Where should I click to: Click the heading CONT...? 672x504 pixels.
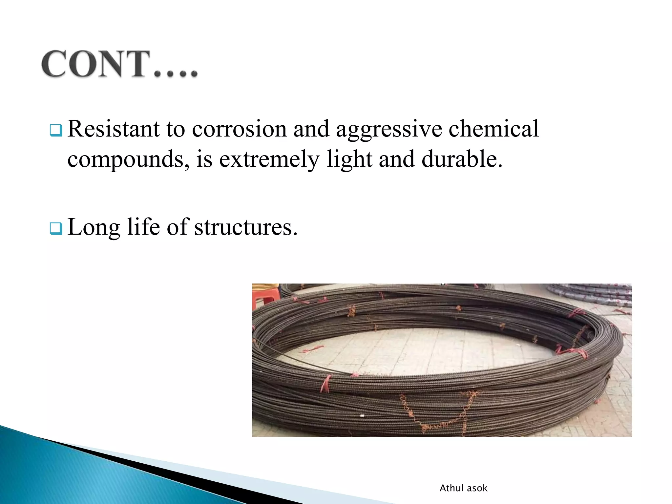[x=119, y=64]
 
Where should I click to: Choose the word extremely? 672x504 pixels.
[x=269, y=159]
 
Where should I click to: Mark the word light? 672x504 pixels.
[x=349, y=159]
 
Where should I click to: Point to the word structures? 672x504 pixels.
[x=246, y=227]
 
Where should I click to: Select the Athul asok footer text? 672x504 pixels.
[x=463, y=488]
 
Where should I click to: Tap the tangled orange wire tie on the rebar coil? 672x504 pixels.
[x=436, y=413]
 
